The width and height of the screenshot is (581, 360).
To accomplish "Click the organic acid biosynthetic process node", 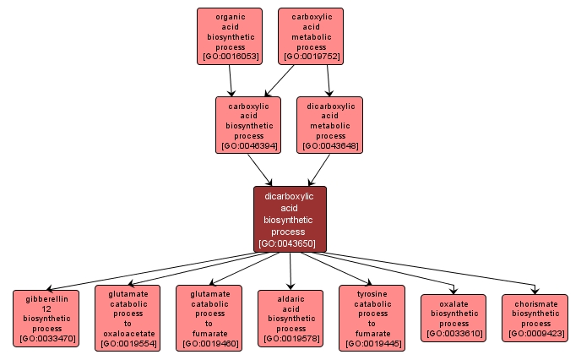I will coord(230,36).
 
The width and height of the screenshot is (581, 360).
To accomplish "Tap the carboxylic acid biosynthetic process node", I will coord(249,124).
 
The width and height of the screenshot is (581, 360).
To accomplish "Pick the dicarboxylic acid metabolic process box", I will coord(330,124).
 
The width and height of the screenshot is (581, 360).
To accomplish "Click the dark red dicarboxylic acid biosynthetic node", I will coord(290,219).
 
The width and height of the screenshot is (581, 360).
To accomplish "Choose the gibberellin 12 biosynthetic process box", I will coord(46,319).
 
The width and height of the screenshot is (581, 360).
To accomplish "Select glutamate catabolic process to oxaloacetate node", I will coord(128,318).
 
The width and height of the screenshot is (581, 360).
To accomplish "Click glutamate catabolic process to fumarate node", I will coord(209,318).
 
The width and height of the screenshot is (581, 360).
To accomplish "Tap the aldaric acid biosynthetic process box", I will coord(290,318).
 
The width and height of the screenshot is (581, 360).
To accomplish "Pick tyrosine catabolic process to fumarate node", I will coord(372,318).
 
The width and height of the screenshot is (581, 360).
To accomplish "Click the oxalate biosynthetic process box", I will coord(453,318).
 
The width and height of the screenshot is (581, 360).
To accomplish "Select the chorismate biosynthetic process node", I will coord(535,318).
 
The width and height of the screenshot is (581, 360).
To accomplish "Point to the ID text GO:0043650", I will coord(290,243).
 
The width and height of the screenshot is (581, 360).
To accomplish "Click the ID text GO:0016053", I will coord(230,57).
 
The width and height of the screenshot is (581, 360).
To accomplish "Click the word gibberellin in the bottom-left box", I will coord(46,298).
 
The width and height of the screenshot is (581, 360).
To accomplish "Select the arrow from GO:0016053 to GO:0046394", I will coord(231,80).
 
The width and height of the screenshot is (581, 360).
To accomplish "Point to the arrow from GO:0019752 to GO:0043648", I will coord(329,80).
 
